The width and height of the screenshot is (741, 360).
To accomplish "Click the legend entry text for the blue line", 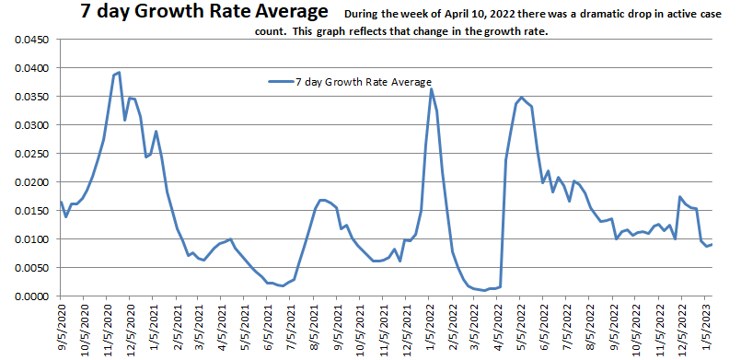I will [x=363, y=82].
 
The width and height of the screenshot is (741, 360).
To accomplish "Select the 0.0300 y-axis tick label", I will [x=28, y=125].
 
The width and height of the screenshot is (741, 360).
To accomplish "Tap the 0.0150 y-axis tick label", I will [x=28, y=211].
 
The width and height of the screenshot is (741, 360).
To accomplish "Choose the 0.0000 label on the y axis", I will [x=28, y=296].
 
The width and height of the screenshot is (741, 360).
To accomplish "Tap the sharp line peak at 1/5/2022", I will [x=431, y=88].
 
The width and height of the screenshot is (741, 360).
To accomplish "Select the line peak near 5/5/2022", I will [x=521, y=97].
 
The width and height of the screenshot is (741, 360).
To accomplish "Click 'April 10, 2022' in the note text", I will [x=467, y=16].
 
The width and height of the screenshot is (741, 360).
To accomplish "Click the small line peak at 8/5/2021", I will [x=321, y=200].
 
